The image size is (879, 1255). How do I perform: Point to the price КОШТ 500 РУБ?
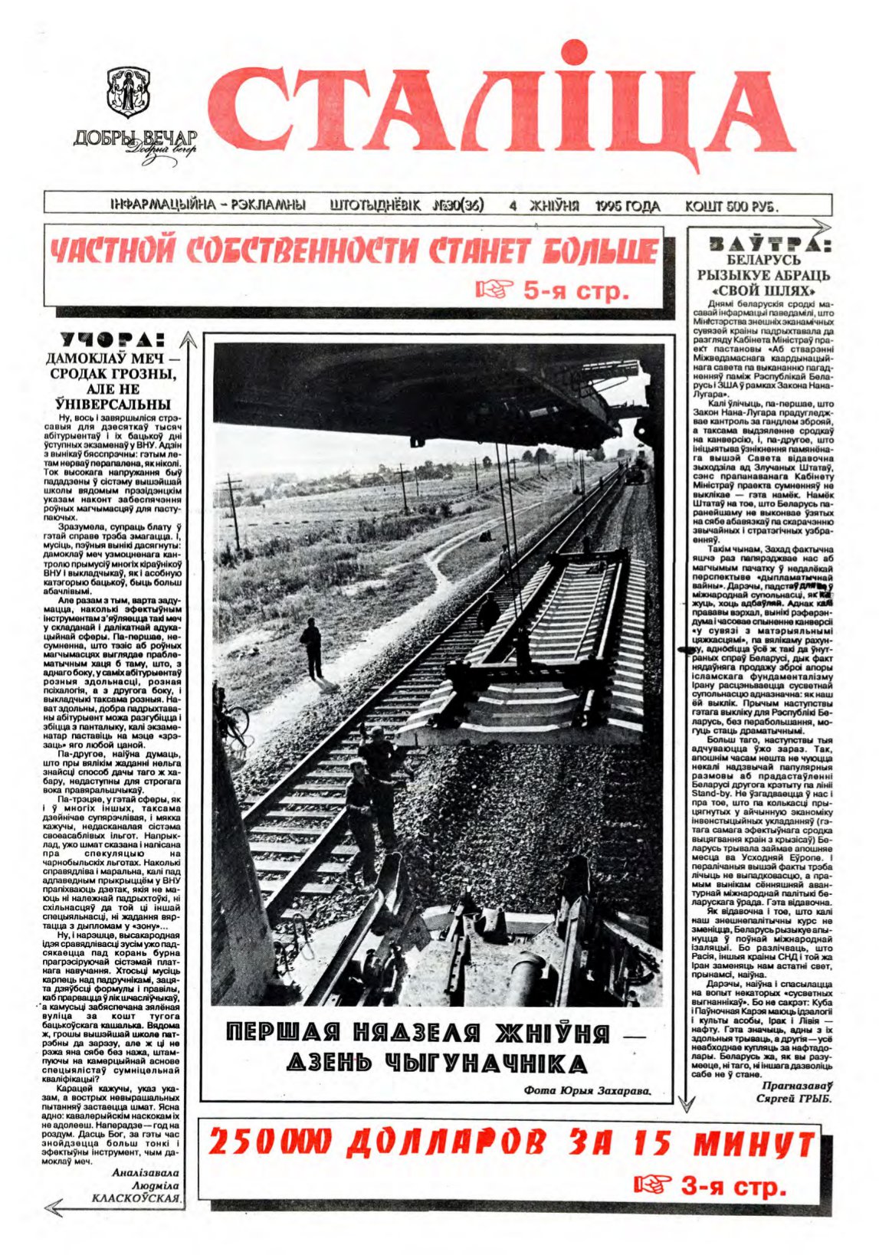pyautogui.click(x=730, y=207)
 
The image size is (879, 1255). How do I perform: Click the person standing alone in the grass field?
pyautogui.click(x=311, y=647)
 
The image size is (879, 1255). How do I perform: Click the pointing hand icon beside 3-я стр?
pyautogui.click(x=652, y=1186)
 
